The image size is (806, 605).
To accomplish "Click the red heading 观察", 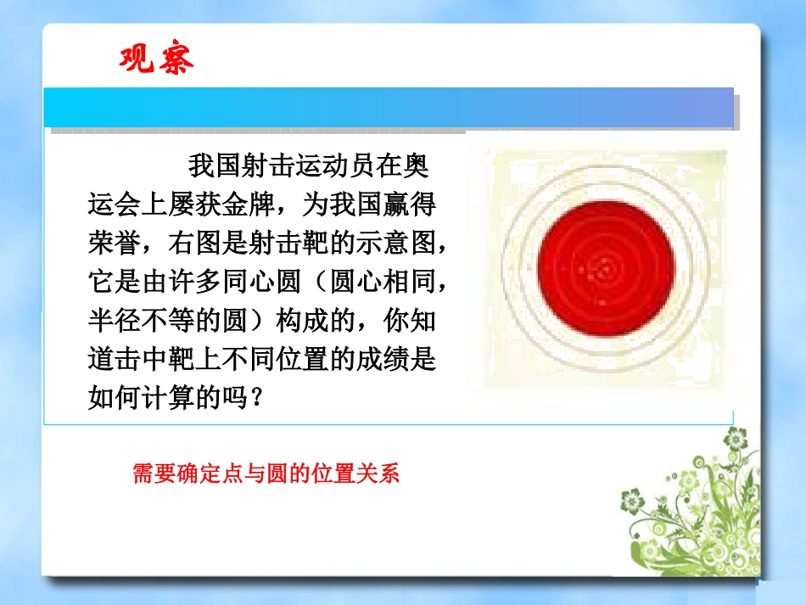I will [x=156, y=59].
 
